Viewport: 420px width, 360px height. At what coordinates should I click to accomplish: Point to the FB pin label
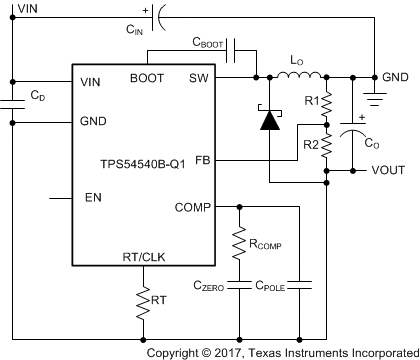pos(203,160)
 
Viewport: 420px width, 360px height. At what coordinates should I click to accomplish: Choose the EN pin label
pos(93,198)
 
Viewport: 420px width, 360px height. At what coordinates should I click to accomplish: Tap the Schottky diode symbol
pos(269,119)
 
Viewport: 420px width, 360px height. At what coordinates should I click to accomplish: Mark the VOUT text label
pos(388,170)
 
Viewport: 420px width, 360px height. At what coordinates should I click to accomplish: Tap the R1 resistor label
pos(310,101)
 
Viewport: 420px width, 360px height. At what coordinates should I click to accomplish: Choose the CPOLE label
pos(270,287)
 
